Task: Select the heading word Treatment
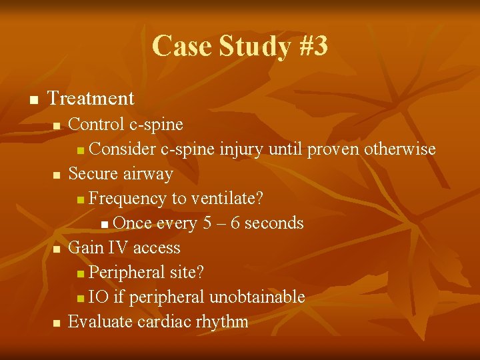pos(91,99)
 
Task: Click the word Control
pos(96,124)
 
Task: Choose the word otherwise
pos(400,149)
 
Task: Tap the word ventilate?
pos(227,198)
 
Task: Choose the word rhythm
pos(222,321)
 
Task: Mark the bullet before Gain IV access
pos(57,249)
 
